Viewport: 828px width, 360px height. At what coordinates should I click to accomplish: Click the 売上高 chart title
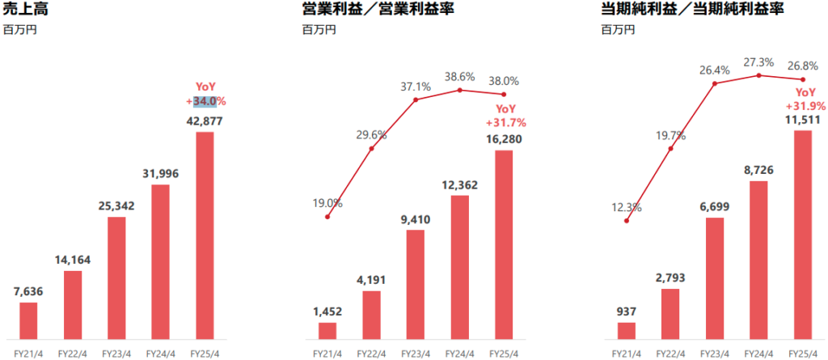pos(23,11)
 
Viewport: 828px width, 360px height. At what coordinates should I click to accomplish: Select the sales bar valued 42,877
pos(205,235)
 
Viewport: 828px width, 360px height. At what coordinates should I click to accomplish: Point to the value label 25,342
pos(116,206)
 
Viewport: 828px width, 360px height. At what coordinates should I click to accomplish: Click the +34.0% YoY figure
pos(205,101)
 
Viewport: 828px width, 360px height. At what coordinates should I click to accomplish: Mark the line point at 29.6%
pos(371,149)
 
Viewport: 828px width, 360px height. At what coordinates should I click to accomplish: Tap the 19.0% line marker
pos(327,217)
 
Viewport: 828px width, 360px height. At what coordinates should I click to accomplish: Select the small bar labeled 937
pos(626,330)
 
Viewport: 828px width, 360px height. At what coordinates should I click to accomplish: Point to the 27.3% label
pos(758,61)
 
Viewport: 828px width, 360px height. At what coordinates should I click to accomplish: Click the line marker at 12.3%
pos(627,221)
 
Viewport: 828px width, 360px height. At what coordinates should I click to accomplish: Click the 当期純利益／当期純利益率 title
pos(670,11)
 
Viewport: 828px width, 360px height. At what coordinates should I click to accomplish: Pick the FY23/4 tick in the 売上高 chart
pos(116,353)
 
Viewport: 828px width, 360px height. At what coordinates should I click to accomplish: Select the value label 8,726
pos(758,171)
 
